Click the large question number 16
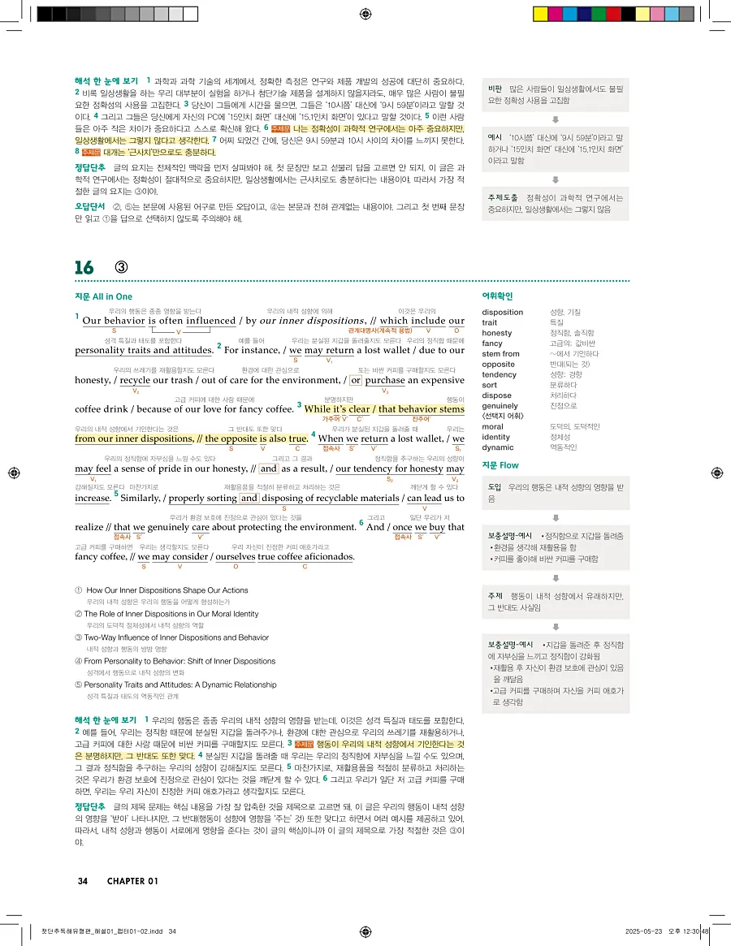point(84,267)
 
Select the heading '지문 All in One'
point(103,297)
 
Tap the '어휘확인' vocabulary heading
point(497,296)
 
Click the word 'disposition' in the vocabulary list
point(502,312)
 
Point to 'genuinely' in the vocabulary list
point(500,406)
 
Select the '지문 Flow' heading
point(500,465)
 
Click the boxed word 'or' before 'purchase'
point(355,380)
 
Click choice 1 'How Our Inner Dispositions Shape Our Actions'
point(162,590)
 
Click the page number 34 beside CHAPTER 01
point(83,881)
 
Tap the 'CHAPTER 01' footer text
point(132,881)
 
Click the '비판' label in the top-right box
point(495,89)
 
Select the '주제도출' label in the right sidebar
point(501,197)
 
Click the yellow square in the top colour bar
point(539,14)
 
